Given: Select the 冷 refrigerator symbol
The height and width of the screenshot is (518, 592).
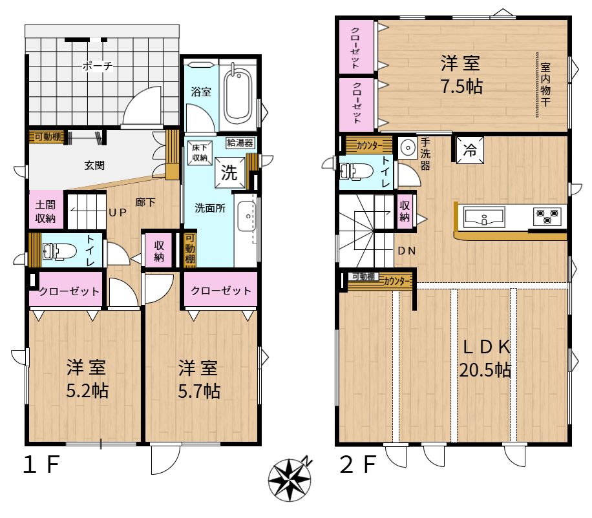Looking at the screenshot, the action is [470, 150].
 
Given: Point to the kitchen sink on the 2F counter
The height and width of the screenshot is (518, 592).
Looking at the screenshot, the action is [484, 217].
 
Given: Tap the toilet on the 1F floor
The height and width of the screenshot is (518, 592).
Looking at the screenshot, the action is [59, 251].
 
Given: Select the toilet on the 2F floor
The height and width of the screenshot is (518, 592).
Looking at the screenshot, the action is [355, 171].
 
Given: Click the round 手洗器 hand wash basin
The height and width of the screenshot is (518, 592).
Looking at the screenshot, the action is [407, 147].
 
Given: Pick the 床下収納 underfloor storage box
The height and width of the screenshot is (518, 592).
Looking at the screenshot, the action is [200, 153].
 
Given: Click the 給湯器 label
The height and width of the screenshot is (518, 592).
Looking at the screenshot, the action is [240, 143].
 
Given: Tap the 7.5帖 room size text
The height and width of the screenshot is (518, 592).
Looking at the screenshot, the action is [461, 87].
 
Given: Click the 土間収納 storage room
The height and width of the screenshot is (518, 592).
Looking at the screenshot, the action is [46, 210].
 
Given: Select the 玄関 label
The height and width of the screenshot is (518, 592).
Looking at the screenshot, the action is [94, 165].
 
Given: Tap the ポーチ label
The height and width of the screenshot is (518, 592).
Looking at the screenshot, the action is [98, 66].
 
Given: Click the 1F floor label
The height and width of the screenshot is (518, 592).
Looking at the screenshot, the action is [41, 464].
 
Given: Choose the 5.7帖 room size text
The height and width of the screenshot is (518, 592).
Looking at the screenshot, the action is [199, 391].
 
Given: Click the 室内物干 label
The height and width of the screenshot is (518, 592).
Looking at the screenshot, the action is [545, 85].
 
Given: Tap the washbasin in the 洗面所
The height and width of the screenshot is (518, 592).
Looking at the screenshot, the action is [247, 216].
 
